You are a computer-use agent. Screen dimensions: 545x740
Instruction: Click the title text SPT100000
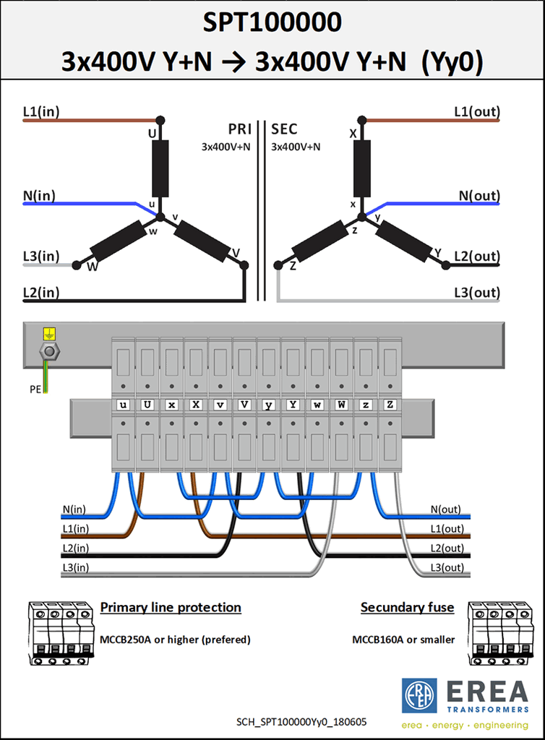pos(272,22)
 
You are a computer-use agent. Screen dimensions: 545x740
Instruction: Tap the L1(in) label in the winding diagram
pos(41,112)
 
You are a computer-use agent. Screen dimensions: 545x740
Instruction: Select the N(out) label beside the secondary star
pos(479,195)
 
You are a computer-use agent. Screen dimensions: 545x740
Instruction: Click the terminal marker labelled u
pos(123,405)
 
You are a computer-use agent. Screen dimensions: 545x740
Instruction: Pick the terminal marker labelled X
pos(196,405)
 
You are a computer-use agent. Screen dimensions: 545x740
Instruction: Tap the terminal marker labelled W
pos(341,405)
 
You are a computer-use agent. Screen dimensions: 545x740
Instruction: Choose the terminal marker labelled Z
pos(390,405)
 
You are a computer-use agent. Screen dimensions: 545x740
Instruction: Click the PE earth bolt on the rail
pos(49,351)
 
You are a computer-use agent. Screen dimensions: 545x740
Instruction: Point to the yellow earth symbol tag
pos(49,334)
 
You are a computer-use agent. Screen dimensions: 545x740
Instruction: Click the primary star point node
pos(160,217)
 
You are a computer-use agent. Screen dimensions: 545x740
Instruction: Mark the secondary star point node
pos(362,217)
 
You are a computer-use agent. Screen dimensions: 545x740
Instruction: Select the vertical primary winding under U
pos(160,168)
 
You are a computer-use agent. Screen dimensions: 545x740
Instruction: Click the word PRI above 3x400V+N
pos(240,129)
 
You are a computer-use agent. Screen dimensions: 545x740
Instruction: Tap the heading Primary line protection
pos(171,607)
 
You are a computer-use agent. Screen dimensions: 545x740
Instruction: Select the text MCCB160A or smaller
pos(403,640)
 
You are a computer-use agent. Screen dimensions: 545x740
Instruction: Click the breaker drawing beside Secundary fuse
pos(501,633)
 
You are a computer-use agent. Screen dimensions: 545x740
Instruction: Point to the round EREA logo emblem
pos(419,696)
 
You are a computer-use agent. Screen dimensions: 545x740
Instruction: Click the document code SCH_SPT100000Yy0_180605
pos(301,722)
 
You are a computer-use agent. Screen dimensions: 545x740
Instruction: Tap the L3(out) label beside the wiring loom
pos(447,567)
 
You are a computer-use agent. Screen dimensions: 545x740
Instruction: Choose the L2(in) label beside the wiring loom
pos(75,548)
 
